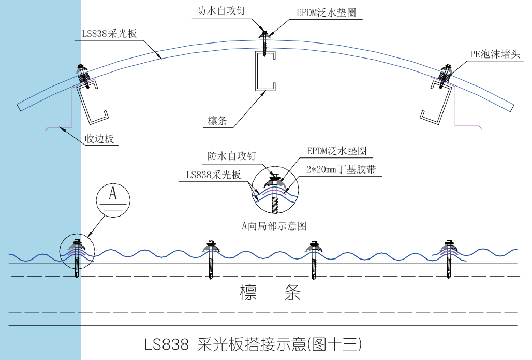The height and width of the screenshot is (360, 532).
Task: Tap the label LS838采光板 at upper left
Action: (x=109, y=34)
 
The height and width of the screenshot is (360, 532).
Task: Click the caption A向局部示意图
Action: (x=274, y=225)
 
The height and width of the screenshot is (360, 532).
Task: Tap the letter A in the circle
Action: (x=113, y=194)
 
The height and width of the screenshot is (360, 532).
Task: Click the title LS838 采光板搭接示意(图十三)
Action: (x=253, y=344)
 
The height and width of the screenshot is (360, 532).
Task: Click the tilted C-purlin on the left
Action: (x=92, y=104)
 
